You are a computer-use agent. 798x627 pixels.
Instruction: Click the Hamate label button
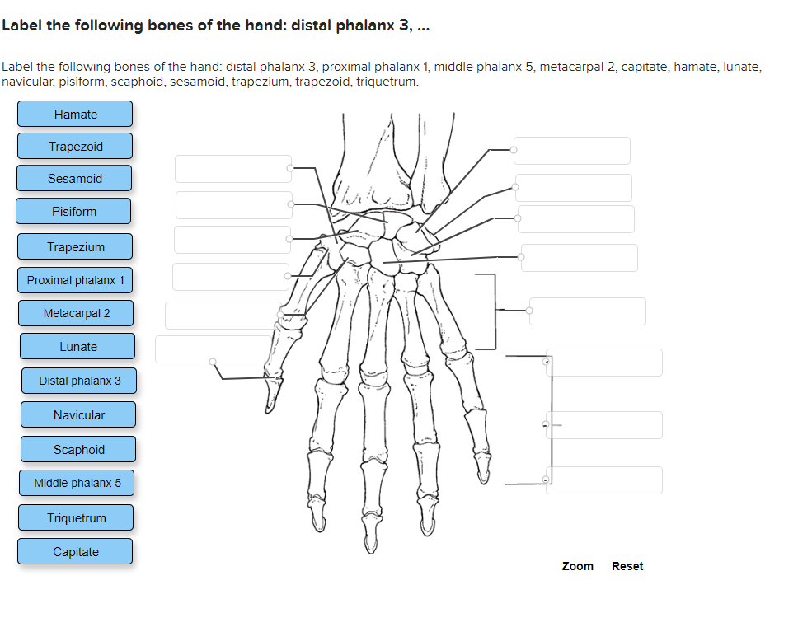[x=75, y=115]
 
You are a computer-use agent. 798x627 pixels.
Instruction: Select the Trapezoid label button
[x=75, y=147]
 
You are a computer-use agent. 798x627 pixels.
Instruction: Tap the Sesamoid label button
[x=74, y=179]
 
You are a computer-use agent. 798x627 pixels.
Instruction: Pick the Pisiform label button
[x=73, y=212]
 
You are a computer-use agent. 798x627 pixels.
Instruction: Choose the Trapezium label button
[x=75, y=247]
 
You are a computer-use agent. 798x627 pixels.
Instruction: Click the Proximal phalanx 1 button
[x=75, y=280]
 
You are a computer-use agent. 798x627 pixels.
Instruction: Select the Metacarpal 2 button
[x=76, y=313]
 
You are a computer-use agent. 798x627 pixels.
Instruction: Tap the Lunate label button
[x=77, y=347]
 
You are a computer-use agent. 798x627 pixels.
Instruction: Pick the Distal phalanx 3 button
[x=79, y=381]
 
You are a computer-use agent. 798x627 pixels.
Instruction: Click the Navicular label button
[x=78, y=415]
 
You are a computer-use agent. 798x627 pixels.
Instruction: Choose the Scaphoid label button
[x=78, y=450]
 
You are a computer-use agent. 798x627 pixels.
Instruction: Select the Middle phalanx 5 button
[x=77, y=483]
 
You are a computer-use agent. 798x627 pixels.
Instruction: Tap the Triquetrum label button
[x=76, y=518]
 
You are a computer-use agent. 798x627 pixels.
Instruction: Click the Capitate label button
[x=75, y=552]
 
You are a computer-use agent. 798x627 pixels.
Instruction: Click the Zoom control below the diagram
[x=577, y=566]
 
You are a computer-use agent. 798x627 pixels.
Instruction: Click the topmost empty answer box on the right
[x=572, y=151]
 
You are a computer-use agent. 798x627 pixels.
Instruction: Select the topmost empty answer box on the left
[x=232, y=169]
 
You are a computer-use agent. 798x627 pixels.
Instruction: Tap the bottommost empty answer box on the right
[x=604, y=480]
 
